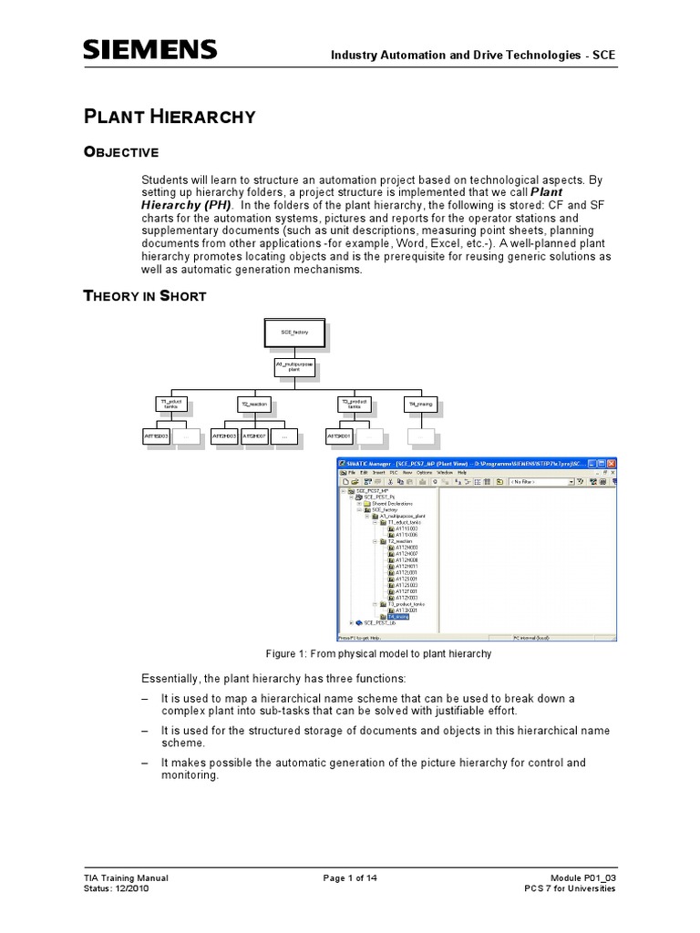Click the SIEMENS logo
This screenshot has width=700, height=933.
coord(149,50)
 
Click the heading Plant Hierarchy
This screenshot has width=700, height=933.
coord(169,116)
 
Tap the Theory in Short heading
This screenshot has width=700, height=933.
coord(144,295)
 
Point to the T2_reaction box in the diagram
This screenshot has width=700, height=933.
coord(251,402)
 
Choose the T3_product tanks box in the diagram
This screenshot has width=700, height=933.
coord(352,402)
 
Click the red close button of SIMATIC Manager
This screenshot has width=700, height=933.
coord(612,464)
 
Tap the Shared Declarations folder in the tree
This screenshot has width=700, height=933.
coord(392,503)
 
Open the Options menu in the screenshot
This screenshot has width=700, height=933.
coord(425,473)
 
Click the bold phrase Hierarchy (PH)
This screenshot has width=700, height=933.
coord(187,205)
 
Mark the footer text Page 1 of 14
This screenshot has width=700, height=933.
coord(350,878)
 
